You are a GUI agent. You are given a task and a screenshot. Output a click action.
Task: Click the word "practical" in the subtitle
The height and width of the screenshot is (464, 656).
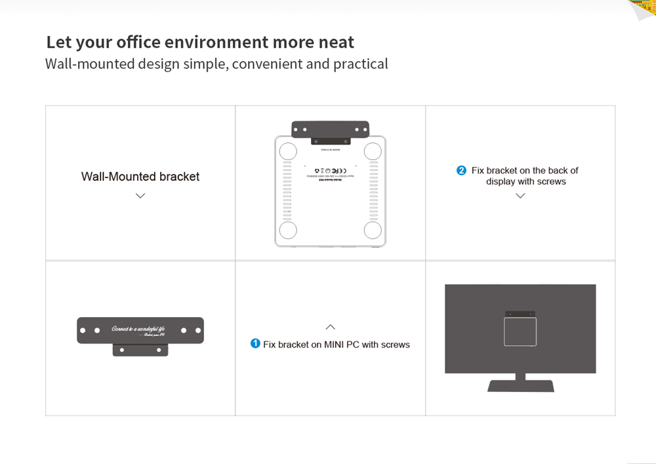click(360, 64)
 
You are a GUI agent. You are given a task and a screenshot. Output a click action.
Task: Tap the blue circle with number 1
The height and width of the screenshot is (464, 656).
click(255, 343)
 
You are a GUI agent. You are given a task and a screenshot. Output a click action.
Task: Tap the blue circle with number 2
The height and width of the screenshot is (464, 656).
click(461, 170)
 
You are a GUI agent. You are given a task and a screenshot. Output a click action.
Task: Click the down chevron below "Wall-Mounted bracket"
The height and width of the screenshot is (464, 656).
click(140, 196)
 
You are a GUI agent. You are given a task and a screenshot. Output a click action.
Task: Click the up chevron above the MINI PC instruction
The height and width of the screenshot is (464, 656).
click(330, 327)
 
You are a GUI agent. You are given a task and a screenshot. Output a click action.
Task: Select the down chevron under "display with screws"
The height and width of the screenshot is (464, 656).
click(520, 196)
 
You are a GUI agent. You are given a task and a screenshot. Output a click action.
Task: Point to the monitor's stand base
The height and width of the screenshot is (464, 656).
click(521, 385)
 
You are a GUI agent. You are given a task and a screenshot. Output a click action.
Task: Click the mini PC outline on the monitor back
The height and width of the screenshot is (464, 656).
click(520, 332)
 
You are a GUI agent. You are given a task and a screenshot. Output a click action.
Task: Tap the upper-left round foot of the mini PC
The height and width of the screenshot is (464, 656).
click(288, 151)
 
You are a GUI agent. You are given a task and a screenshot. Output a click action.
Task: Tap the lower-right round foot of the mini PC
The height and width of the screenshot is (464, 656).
click(373, 230)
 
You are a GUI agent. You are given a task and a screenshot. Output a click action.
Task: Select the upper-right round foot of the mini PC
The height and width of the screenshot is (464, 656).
click(373, 151)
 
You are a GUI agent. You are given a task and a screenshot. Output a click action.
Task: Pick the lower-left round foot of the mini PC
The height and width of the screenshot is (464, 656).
click(288, 230)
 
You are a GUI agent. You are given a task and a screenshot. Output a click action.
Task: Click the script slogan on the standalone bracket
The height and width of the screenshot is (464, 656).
click(138, 330)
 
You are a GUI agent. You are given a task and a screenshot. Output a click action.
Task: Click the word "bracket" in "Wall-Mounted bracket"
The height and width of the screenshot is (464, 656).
click(179, 177)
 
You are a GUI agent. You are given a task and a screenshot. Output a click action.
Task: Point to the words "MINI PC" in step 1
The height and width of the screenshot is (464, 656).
click(341, 345)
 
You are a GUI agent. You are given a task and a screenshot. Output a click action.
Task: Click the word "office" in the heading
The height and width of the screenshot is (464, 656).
click(138, 43)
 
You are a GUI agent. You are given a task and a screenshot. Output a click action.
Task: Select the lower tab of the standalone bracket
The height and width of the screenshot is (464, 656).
click(140, 350)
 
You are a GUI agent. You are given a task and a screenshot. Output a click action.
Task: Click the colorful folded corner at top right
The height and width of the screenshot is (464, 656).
click(643, 9)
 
